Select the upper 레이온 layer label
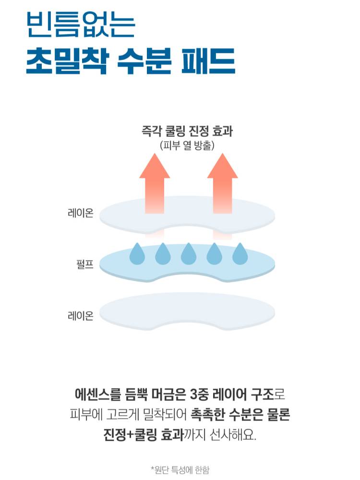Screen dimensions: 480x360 pos(80,213)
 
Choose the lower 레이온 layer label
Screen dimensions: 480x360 pos(80,315)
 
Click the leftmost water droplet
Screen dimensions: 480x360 pos(137,254)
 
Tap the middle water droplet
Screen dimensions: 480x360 pos(188,254)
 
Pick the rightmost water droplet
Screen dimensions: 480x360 pos(240,254)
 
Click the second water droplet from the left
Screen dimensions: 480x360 pos(163,254)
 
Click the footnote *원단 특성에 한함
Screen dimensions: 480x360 pos(180,469)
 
